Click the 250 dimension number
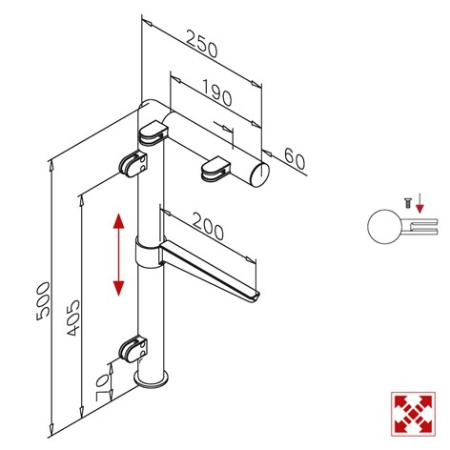202,44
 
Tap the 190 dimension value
216,93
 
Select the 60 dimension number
295,159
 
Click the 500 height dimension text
43,301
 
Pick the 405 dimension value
73,317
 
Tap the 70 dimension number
101,387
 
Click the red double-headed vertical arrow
118,255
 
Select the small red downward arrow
420,202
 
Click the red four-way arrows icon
413,414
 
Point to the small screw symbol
407,203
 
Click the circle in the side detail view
384,227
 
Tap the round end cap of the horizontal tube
260,174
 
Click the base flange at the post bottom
151,380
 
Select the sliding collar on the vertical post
147,253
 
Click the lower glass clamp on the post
133,350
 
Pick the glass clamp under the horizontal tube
215,169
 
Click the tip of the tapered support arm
256,297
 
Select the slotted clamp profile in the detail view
420,227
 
